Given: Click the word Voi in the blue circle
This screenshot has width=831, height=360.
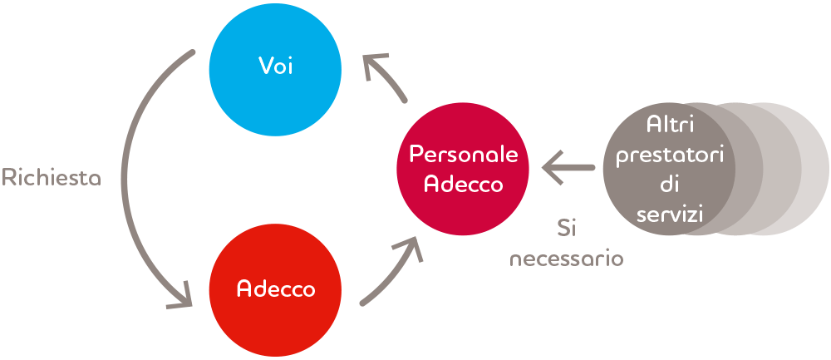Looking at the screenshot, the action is coord(276,67).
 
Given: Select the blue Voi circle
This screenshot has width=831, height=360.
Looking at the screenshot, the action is coord(276,70).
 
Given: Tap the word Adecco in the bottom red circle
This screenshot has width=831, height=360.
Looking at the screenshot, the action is coord(276,289).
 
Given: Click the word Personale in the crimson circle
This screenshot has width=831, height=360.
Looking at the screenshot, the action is coord(464,155).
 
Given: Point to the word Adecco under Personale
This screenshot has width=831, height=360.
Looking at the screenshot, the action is coord(464,184).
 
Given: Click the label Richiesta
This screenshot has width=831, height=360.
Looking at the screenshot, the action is coord(52,177).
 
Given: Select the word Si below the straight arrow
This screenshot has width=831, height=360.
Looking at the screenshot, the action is coord(567,228).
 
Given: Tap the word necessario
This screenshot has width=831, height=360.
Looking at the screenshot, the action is coord(567,259).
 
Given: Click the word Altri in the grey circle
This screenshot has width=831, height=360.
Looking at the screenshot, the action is coord(670,125).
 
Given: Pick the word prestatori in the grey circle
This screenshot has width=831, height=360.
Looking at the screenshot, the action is coord(670,155).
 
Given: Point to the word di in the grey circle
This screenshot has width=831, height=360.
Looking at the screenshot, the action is coord(670,185).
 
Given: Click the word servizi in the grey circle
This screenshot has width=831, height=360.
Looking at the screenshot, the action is coord(670,215).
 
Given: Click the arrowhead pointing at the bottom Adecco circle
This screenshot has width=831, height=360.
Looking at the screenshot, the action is coord(183,299).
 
